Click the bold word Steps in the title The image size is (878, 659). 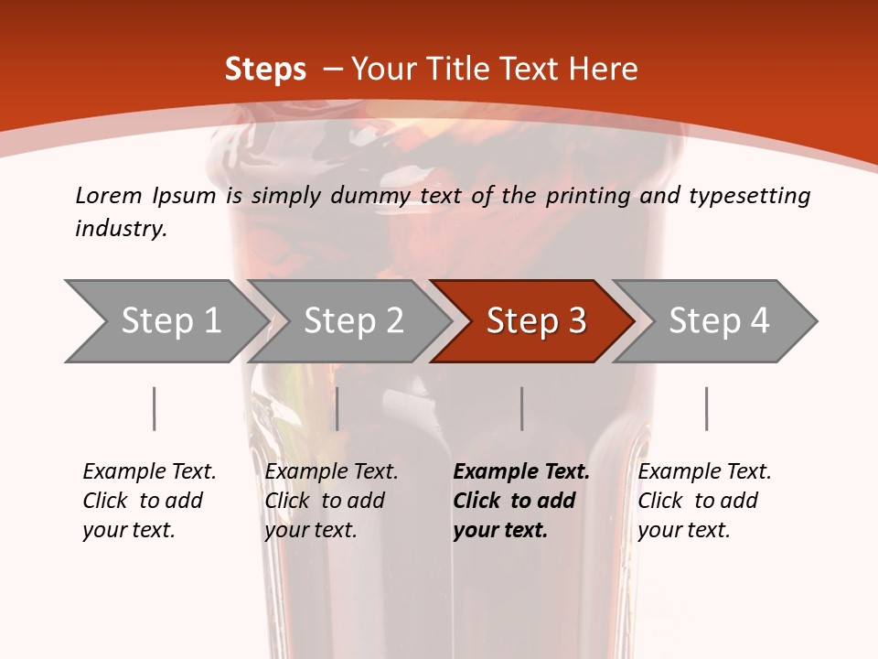tap(265, 70)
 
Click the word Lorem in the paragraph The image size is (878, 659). tap(109, 196)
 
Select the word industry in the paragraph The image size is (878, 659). tap(119, 229)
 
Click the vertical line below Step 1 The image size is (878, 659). tap(155, 408)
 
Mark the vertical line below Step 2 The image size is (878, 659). tap(337, 408)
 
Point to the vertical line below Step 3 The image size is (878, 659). tap(522, 408)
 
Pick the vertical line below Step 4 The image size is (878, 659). tap(706, 408)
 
